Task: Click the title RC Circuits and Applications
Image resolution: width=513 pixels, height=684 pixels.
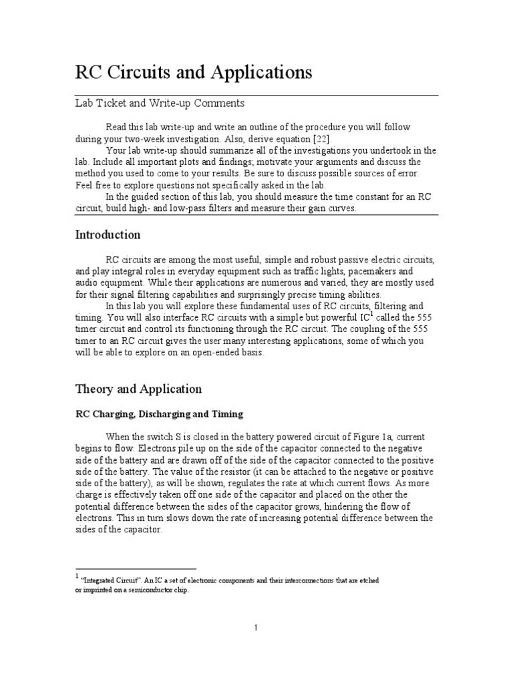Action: [193, 72]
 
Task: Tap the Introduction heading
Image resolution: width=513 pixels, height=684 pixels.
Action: [108, 234]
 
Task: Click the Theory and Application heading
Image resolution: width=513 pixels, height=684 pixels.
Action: [138, 389]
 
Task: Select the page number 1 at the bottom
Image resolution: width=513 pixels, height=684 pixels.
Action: [256, 627]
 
